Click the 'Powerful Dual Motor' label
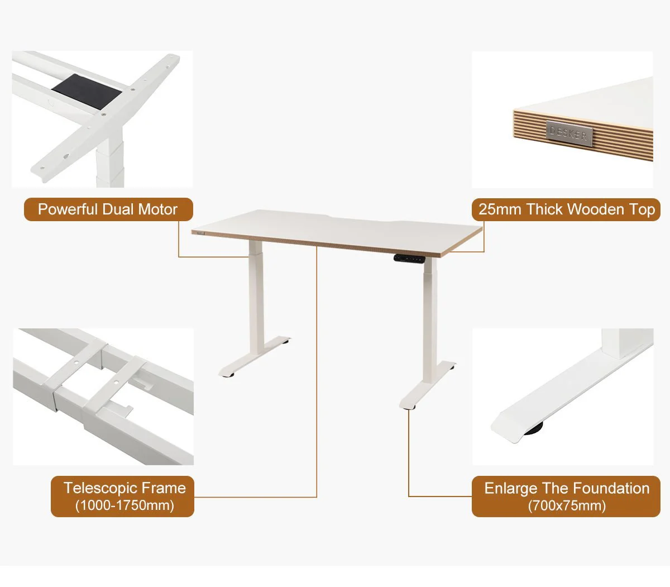pyautogui.click(x=108, y=209)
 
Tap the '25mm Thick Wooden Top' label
pyautogui.click(x=566, y=209)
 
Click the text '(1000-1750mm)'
pyautogui.click(x=125, y=505)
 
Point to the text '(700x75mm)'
pyautogui.click(x=567, y=505)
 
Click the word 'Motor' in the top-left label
pyautogui.click(x=157, y=209)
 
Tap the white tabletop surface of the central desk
pyautogui.click(x=335, y=229)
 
